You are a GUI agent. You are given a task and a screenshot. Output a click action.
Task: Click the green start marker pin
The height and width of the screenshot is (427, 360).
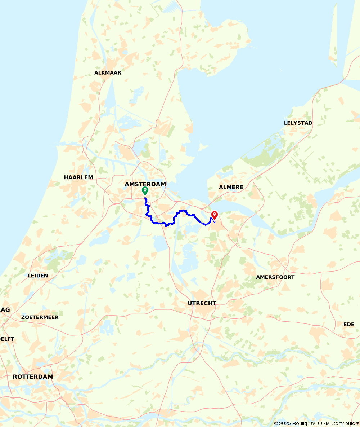(x=145, y=190)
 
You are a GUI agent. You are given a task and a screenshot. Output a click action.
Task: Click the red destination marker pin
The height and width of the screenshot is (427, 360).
(x=215, y=215)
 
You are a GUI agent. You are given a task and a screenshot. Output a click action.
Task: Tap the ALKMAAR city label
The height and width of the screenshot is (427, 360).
(x=108, y=72)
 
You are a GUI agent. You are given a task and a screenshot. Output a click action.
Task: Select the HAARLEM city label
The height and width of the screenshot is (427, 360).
(x=78, y=177)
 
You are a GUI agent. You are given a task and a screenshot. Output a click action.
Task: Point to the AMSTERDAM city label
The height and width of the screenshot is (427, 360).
(x=145, y=184)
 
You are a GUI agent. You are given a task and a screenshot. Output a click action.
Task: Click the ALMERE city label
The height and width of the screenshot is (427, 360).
(x=231, y=187)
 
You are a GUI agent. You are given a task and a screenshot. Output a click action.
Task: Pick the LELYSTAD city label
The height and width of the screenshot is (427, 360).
(x=298, y=123)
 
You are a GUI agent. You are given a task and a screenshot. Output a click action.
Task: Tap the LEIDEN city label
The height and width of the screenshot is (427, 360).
(x=38, y=275)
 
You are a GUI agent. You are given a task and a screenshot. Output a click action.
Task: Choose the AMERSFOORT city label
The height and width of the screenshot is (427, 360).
(x=275, y=277)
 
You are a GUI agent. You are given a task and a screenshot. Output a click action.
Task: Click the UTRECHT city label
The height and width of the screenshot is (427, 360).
(x=202, y=303)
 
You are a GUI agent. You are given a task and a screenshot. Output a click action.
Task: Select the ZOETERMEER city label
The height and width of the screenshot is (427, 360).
(x=40, y=317)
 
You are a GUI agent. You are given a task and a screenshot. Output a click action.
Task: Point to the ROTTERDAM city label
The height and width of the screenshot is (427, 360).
(x=33, y=377)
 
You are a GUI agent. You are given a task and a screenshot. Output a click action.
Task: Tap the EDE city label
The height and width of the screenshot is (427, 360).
(x=348, y=324)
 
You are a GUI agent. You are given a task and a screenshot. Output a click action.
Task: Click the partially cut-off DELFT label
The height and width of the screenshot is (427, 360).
(x=7, y=339)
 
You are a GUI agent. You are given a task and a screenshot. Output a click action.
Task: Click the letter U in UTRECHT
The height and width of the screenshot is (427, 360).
(x=190, y=303)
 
